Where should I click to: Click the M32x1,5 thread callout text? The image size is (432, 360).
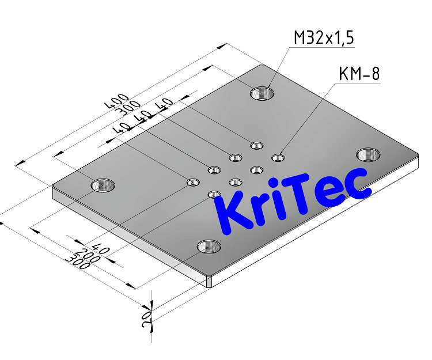coord(324,39)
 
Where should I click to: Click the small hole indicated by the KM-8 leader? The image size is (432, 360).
coord(278,157)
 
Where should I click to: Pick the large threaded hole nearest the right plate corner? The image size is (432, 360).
coord(368,154)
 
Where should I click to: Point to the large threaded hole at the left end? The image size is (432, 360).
coord(103,185)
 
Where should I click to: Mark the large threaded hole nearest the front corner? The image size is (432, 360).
coord(209,248)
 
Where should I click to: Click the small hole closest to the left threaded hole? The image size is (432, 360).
coord(192,183)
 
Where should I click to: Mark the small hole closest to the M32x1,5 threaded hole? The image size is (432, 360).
coord(257,145)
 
